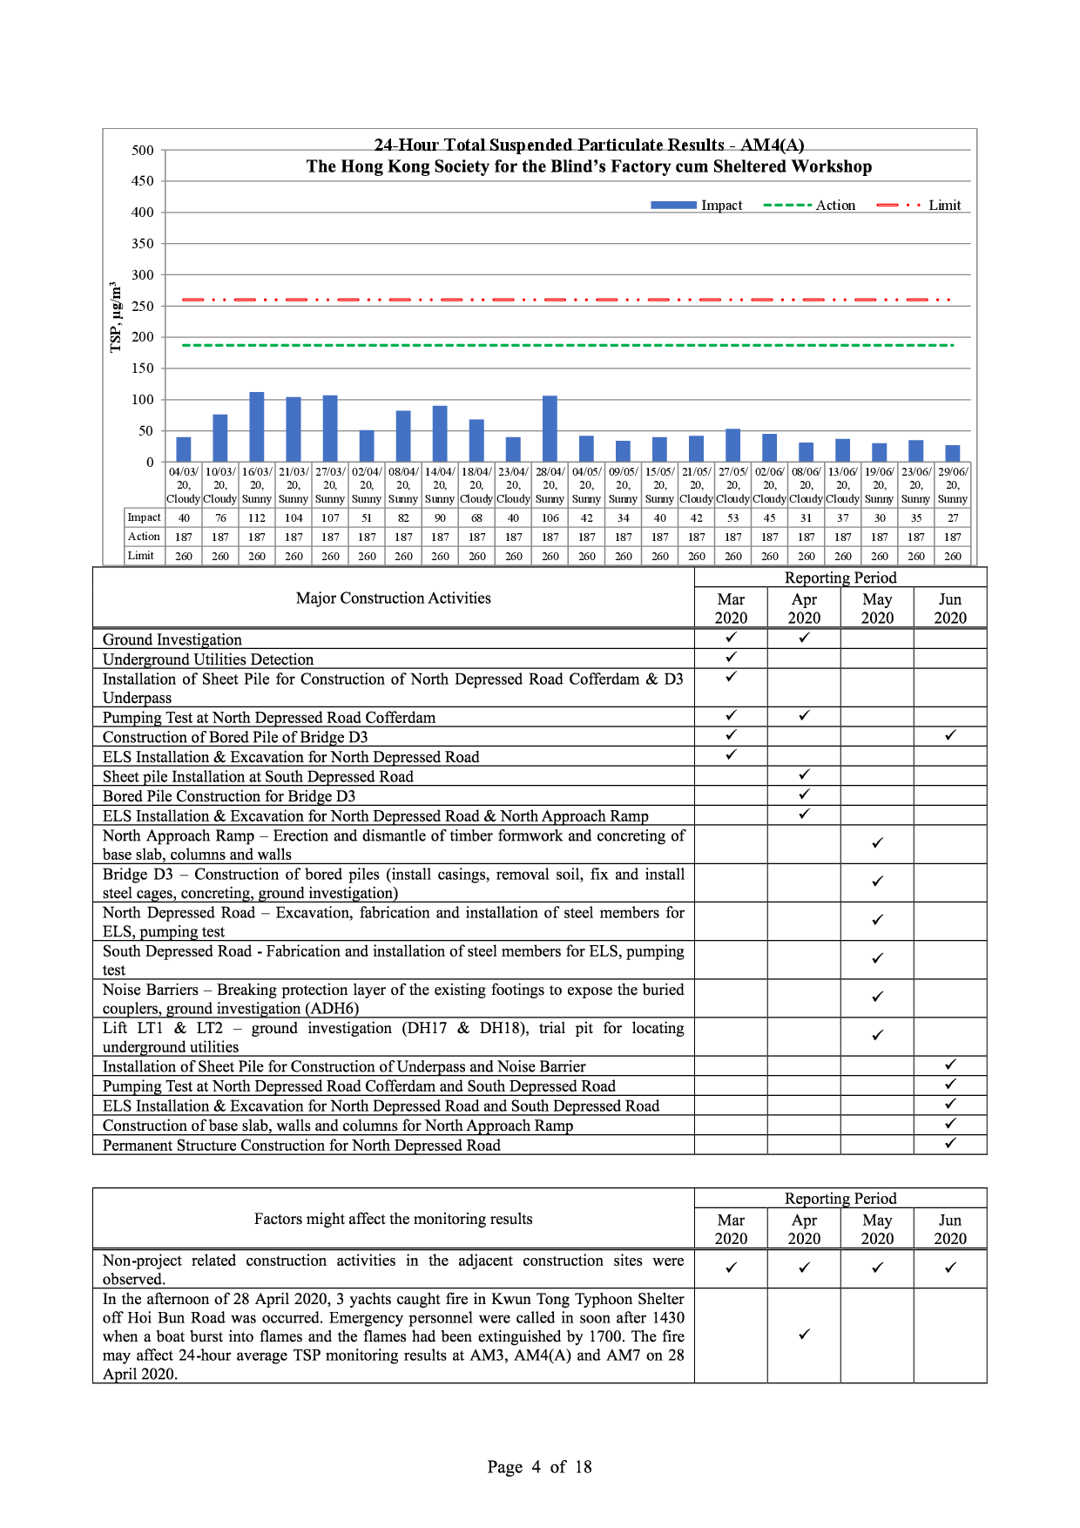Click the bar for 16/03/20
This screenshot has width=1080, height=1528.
click(x=257, y=427)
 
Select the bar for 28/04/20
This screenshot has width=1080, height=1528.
click(x=550, y=429)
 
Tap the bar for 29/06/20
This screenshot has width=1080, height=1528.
click(x=953, y=453)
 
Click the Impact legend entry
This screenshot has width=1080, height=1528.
click(x=697, y=206)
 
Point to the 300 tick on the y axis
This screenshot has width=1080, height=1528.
click(x=143, y=274)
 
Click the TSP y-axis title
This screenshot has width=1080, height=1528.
click(x=115, y=317)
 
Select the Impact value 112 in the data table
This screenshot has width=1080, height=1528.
click(x=257, y=517)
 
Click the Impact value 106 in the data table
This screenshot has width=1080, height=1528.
click(x=550, y=517)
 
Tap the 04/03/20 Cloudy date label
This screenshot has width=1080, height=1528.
click(x=184, y=485)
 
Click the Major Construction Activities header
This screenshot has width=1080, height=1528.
click(x=393, y=598)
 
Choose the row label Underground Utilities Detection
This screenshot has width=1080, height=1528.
click(x=208, y=659)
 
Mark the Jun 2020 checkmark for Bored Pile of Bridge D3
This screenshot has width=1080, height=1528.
click(x=950, y=735)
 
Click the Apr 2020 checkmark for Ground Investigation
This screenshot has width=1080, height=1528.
click(x=804, y=638)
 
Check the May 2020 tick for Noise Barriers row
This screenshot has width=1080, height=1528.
click(x=877, y=997)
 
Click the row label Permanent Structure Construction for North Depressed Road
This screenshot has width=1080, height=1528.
click(x=301, y=1145)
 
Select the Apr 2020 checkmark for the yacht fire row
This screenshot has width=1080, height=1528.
click(x=804, y=1335)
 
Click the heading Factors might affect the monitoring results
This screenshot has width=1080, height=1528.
click(x=393, y=1219)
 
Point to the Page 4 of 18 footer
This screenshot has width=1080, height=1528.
click(x=539, y=1467)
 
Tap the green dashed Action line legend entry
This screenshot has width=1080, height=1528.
click(x=809, y=206)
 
